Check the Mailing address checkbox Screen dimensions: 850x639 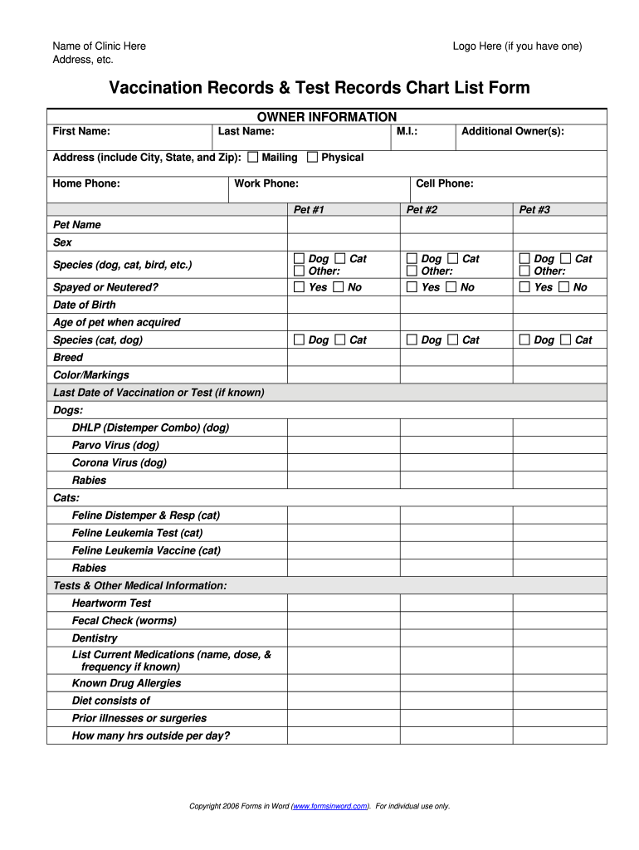(252, 157)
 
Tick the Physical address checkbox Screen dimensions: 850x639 (312, 157)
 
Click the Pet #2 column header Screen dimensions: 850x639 (422, 210)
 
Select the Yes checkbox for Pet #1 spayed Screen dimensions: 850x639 (300, 287)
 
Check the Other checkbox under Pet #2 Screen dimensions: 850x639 (412, 271)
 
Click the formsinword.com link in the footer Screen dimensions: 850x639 (330, 806)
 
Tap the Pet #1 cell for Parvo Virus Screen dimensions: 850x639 (344, 445)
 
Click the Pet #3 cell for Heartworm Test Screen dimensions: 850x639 (559, 603)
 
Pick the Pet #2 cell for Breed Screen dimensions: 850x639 (456, 358)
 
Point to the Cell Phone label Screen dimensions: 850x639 (445, 183)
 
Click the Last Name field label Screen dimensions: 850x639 (246, 131)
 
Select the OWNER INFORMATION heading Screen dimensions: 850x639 (327, 117)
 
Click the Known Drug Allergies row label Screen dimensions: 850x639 (126, 683)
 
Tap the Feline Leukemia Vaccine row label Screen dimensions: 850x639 (146, 550)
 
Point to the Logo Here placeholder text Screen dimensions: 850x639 (517, 46)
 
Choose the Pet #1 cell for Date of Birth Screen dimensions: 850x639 (344, 305)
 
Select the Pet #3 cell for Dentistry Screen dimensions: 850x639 (559, 638)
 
